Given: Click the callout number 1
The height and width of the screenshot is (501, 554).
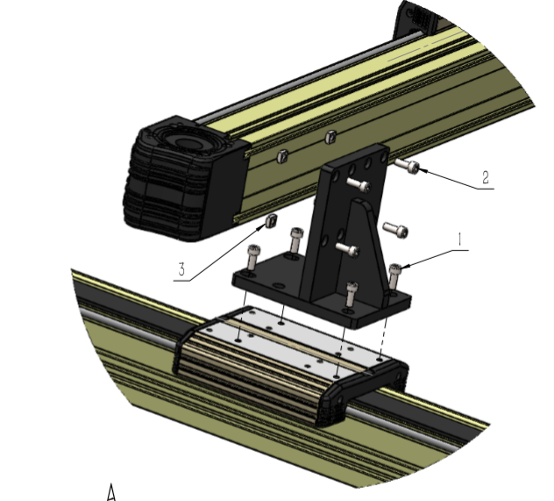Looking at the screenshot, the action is pyautogui.click(x=459, y=240).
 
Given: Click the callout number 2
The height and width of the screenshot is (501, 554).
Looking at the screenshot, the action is pyautogui.click(x=486, y=177).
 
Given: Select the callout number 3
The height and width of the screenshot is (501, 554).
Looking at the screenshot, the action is pyautogui.click(x=181, y=269).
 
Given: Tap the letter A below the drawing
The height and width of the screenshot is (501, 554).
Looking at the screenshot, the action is pyautogui.click(x=111, y=492).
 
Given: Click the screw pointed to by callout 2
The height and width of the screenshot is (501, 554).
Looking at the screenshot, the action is pyautogui.click(x=407, y=166).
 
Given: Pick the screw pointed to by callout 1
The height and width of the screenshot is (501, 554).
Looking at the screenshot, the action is pyautogui.click(x=394, y=276).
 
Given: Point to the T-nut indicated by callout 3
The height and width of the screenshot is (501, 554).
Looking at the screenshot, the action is pyautogui.click(x=271, y=221).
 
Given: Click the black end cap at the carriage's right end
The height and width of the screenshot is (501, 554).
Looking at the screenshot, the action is pyautogui.click(x=364, y=392).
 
